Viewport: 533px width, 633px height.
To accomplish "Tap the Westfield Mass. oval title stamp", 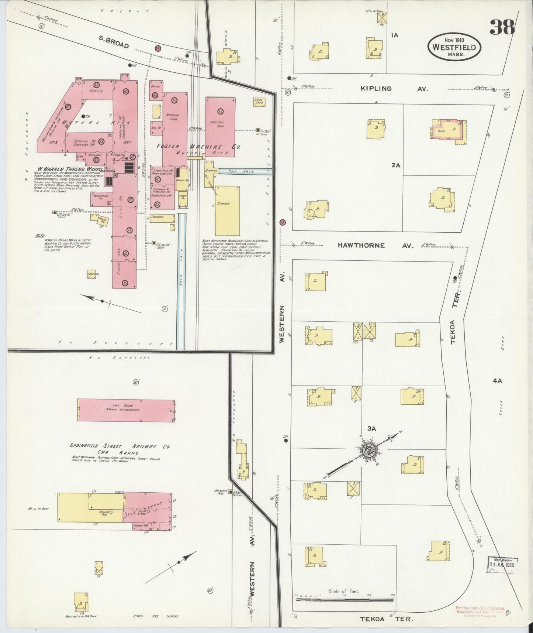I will (x=454, y=47).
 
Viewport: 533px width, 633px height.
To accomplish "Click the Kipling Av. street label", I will (x=394, y=89).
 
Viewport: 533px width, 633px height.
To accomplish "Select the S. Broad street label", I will (x=113, y=42).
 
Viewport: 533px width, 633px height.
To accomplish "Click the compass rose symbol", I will (x=367, y=450).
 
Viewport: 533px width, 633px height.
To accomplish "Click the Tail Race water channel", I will (x=245, y=171).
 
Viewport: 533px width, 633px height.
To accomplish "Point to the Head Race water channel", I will (x=181, y=281).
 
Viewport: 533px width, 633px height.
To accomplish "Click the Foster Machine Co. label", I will (x=198, y=147).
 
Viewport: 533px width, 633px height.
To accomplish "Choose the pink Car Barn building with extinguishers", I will (x=127, y=410).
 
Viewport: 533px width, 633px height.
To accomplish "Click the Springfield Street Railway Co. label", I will (x=120, y=446).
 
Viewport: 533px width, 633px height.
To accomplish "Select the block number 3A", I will (x=371, y=428).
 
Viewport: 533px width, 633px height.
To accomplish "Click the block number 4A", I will (x=497, y=381).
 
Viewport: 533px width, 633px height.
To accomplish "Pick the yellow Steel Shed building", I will (x=259, y=102).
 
